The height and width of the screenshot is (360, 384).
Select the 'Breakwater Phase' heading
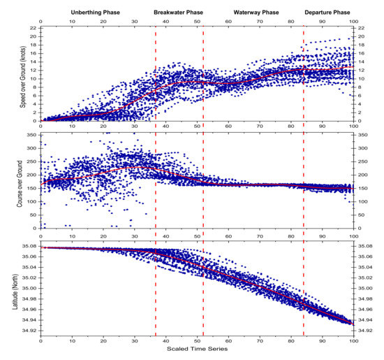(x=179, y=12)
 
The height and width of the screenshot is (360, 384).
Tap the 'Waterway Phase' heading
(x=253, y=12)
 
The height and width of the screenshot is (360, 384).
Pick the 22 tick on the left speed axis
(x=32, y=28)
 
